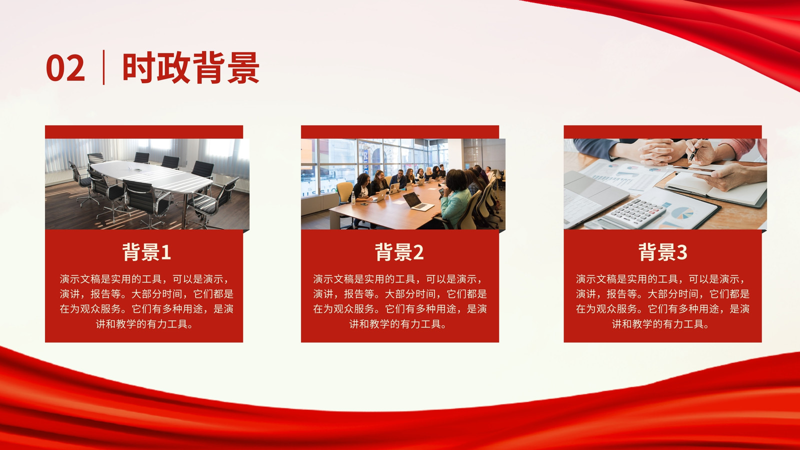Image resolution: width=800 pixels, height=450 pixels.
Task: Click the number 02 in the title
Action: coord(65,67)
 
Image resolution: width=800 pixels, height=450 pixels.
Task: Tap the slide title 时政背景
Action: coord(190,67)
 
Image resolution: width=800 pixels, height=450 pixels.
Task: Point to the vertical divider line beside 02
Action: coord(103,67)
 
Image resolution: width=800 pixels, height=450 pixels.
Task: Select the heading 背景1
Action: coord(147,252)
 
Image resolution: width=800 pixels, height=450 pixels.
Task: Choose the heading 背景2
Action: coord(399,252)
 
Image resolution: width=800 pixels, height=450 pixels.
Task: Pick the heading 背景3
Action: coord(663,252)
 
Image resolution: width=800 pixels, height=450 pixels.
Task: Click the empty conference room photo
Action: coord(147,184)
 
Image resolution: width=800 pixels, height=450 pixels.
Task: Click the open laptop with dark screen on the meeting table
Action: coord(418,202)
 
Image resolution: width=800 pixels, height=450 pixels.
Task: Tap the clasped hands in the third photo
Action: coord(656,152)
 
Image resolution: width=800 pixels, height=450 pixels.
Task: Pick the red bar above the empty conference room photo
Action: coord(144,132)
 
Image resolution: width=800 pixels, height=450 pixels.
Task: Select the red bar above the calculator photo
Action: coord(663,132)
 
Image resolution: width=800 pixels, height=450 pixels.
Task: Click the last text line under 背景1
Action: coord(144,324)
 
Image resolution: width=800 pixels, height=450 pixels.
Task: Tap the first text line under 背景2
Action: coord(398,279)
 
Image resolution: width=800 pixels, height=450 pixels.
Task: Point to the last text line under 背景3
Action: coord(660,324)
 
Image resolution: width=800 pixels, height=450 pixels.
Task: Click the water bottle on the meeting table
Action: coord(353,197)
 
